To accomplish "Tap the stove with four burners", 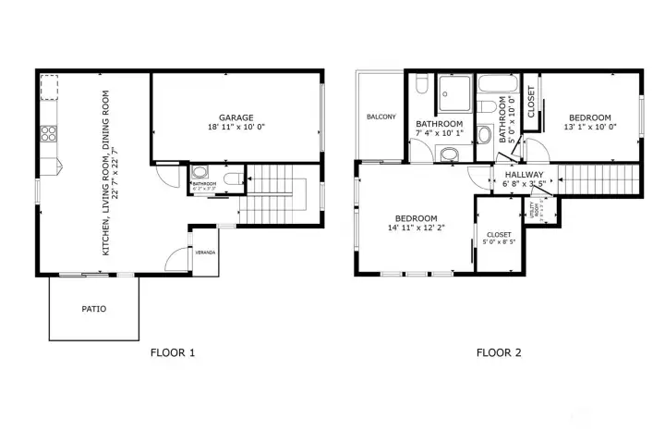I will (48, 133).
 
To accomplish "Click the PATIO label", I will (94, 309).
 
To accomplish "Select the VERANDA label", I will (204, 251).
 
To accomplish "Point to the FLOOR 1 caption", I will (173, 352).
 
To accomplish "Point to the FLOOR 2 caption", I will (499, 352).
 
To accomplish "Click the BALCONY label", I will (381, 117).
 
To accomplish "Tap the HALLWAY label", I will (523, 174).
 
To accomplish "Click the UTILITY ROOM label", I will (537, 211).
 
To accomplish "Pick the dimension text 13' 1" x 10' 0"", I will (589, 128).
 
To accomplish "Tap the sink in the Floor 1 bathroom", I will (200, 174).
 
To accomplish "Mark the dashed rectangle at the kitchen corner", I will (47, 87).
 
